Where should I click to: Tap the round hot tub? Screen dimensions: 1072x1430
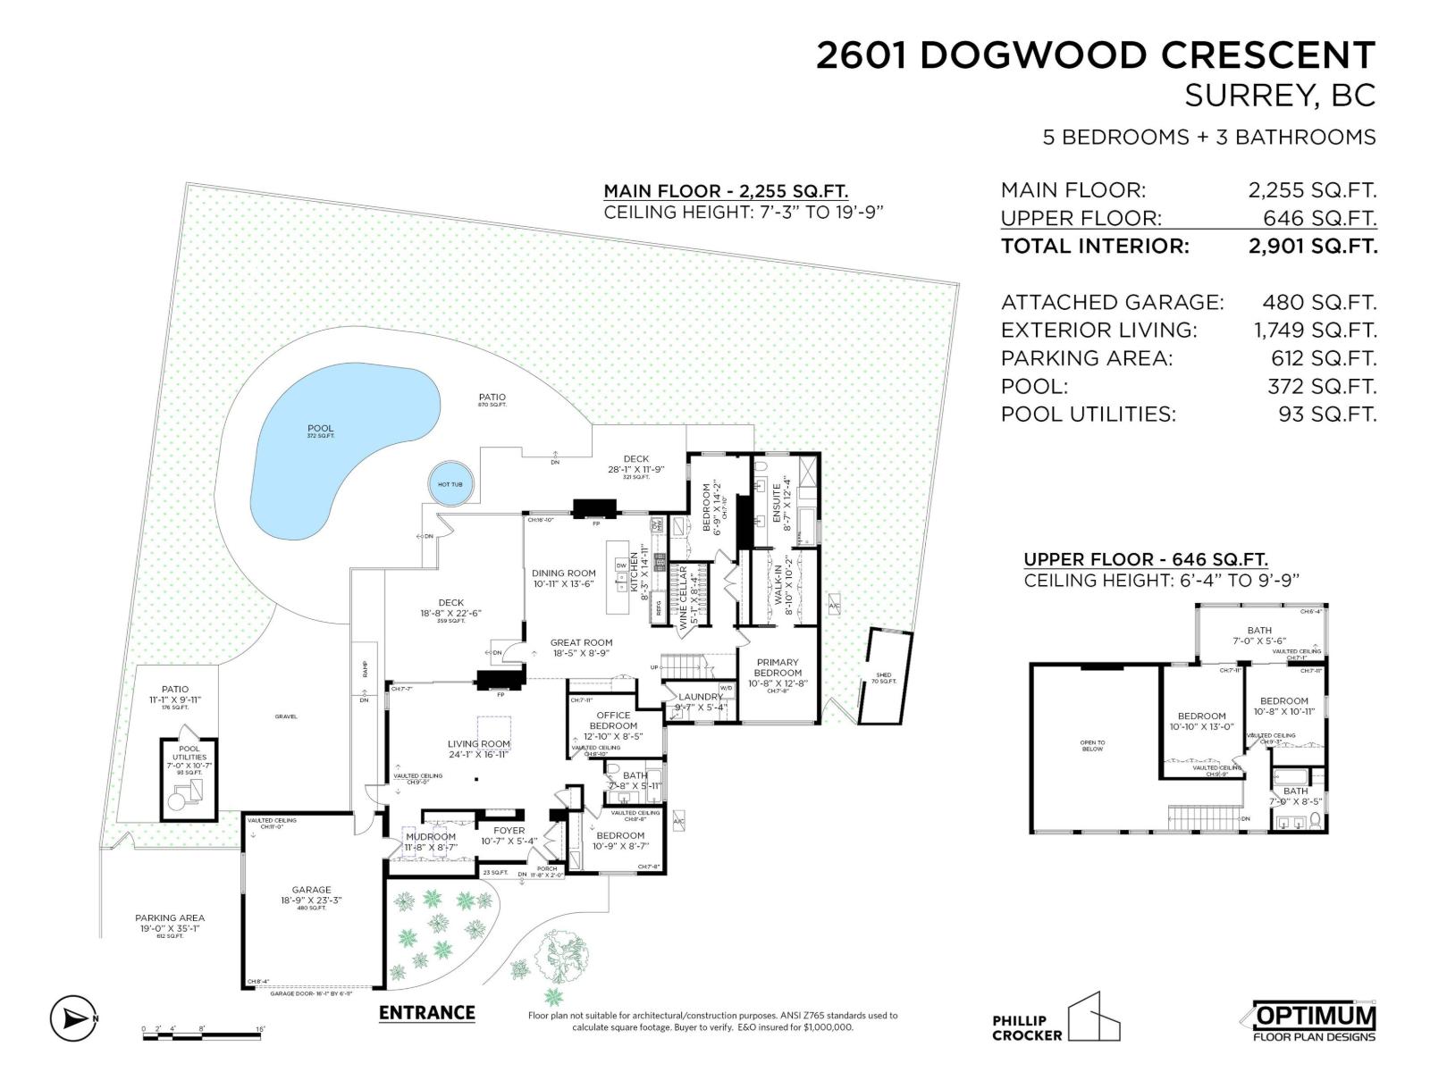coord(450,484)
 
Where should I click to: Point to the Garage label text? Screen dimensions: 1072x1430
coord(311,890)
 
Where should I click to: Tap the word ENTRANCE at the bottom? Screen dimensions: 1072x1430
coord(427,1012)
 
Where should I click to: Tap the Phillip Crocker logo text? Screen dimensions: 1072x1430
coord(1027,1028)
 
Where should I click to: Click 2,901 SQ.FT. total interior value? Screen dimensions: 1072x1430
coord(1312,247)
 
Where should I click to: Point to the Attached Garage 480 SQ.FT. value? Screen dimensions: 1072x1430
coord(1319,302)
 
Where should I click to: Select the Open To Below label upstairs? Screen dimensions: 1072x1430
coord(1092,745)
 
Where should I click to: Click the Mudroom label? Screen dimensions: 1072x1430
coord(431,837)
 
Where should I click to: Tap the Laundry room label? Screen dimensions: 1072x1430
coord(700,697)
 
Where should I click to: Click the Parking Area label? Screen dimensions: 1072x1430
coord(170,917)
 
